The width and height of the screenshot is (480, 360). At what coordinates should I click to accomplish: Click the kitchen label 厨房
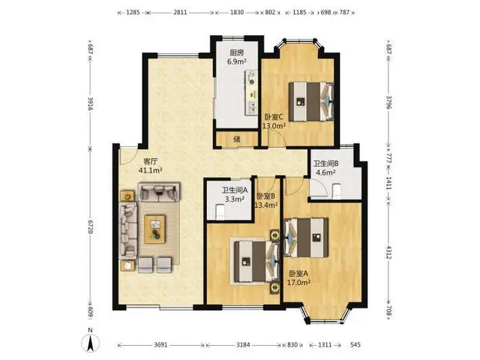237,52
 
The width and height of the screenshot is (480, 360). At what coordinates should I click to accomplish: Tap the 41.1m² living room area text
150,170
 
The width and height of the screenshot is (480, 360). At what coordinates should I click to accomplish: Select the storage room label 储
237,139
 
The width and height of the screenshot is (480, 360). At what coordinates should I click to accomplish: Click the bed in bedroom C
311,101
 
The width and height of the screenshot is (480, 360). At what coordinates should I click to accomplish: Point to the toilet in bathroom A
220,211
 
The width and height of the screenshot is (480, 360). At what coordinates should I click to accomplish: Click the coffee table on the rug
155,229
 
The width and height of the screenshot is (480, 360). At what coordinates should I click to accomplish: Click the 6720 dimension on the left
90,226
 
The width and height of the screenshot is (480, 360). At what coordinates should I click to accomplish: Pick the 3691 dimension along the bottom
160,345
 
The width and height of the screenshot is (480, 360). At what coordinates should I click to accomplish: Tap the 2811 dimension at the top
180,13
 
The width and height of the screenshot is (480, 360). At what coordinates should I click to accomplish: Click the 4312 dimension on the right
388,252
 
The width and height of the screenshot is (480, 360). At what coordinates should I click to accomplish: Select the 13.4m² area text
266,205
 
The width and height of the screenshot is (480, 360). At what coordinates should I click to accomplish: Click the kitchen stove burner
252,82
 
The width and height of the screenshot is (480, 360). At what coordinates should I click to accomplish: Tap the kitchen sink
252,106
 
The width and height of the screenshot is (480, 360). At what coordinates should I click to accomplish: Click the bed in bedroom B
257,262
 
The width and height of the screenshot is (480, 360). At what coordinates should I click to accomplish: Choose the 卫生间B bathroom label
325,163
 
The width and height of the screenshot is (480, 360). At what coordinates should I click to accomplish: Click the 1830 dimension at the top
237,13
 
